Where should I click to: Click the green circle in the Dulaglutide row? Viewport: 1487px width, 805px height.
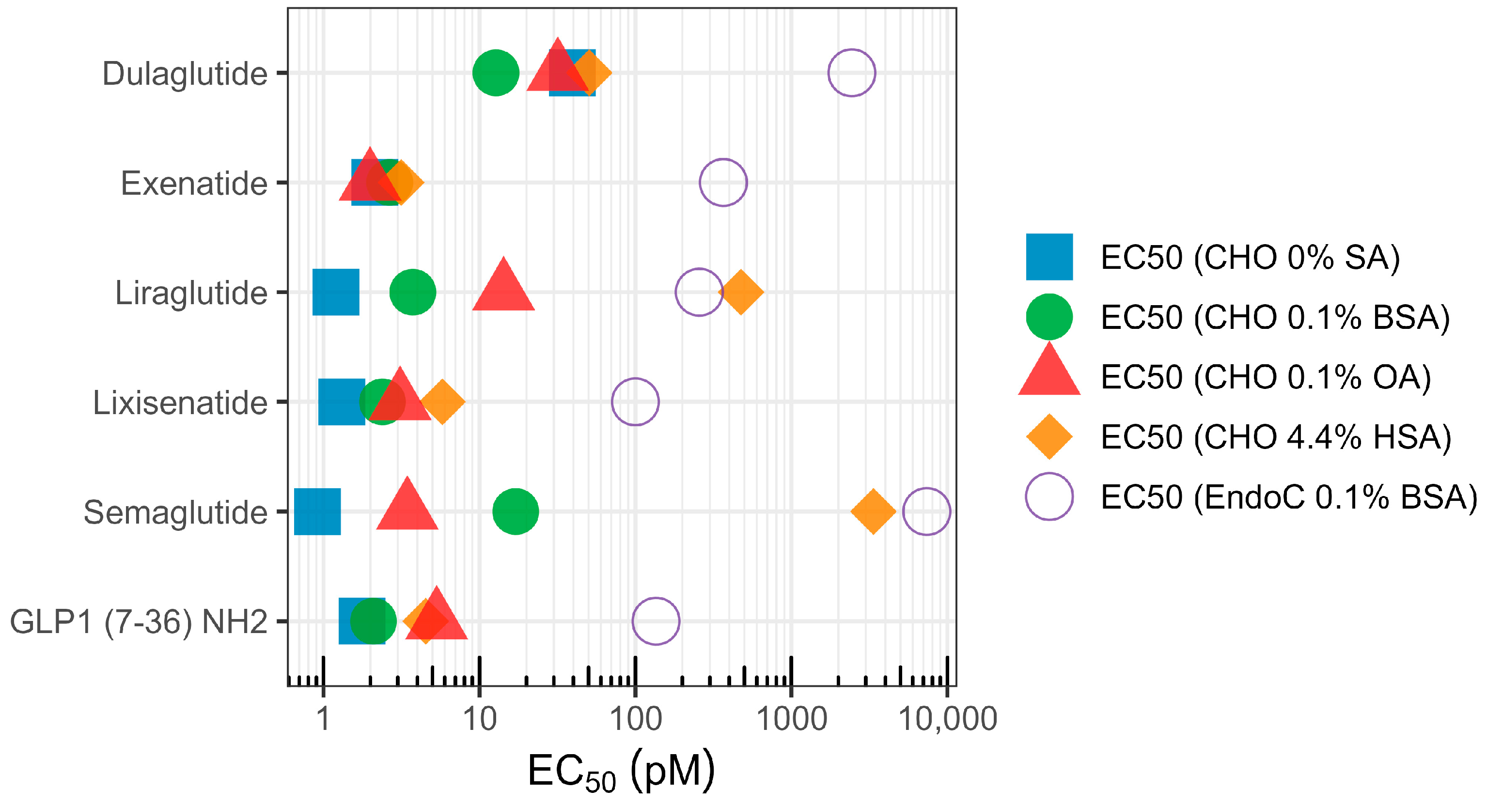(495, 73)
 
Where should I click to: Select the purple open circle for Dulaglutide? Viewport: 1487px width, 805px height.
(851, 73)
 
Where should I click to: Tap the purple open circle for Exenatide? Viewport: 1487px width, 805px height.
(723, 182)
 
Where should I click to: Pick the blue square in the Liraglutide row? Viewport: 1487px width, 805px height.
(336, 292)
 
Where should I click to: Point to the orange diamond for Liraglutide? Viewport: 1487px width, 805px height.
(741, 292)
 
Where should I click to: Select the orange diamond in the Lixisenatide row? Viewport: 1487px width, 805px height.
(442, 402)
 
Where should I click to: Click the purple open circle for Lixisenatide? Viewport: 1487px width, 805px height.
(635, 402)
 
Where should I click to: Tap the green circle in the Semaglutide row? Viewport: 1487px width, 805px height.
(516, 511)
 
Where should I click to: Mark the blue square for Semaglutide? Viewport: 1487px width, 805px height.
(317, 511)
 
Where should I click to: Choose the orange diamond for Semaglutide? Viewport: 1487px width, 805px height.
(874, 511)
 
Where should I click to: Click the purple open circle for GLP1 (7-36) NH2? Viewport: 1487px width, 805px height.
(656, 621)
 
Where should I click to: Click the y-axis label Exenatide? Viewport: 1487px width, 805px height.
(194, 184)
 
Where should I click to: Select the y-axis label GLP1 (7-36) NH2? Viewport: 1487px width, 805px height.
(139, 622)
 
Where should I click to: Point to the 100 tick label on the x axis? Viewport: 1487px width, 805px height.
(635, 719)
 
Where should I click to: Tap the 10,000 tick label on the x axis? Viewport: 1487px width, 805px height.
(947, 719)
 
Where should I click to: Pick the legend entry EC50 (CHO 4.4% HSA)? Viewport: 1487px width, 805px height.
(1276, 437)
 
